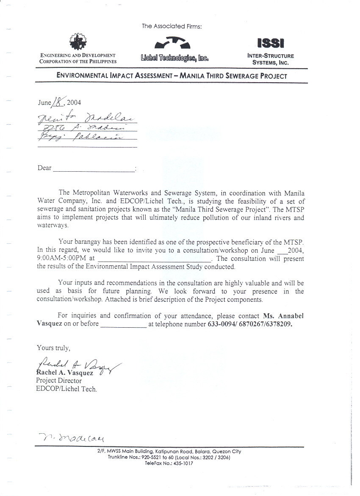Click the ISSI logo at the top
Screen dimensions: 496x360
(271, 43)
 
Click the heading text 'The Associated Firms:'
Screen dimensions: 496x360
(172, 26)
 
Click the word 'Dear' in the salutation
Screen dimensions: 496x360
(44, 168)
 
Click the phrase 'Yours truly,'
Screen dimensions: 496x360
(53, 348)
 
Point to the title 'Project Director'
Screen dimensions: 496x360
(58, 381)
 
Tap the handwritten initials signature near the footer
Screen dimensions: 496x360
(72, 437)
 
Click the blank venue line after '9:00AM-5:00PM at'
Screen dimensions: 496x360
(154, 259)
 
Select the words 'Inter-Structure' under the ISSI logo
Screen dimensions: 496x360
(271, 56)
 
